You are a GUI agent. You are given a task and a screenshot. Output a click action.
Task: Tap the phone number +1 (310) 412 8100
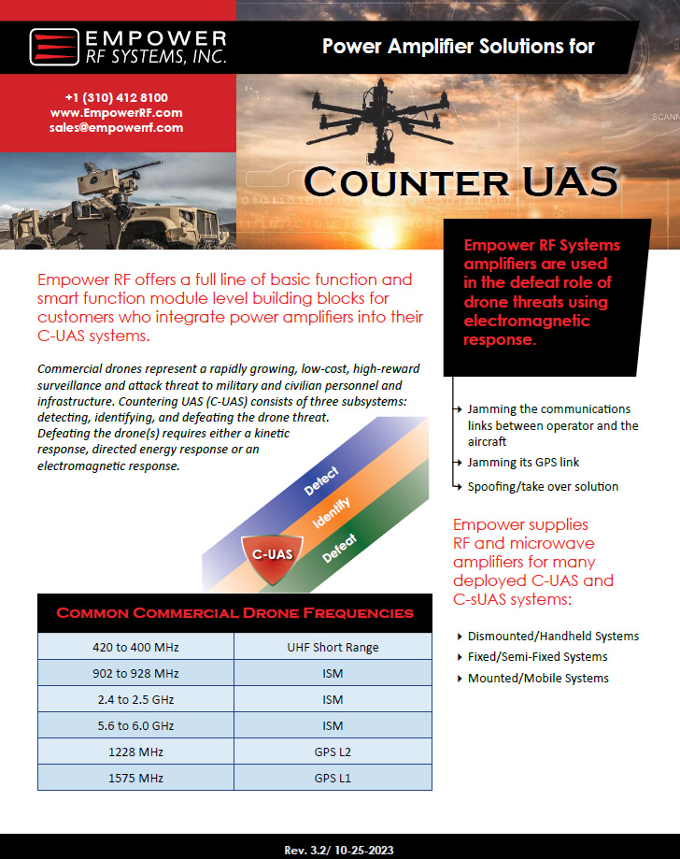pos(117,97)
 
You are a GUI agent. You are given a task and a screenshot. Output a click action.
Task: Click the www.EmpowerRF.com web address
pos(117,112)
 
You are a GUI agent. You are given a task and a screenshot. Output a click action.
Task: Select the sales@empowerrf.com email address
pos(117,127)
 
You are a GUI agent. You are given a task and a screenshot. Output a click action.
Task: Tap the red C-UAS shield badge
pos(273,554)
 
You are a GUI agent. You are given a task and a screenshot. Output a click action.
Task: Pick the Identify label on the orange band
pos(333,515)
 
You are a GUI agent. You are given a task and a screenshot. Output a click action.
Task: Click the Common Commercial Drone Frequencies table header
pos(235,613)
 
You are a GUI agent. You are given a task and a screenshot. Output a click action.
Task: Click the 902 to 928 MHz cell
pos(135,673)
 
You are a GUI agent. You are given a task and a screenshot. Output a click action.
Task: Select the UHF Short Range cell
pos(333,647)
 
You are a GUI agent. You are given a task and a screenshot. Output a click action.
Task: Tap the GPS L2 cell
pos(333,752)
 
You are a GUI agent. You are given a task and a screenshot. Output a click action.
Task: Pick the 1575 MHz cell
pos(135,778)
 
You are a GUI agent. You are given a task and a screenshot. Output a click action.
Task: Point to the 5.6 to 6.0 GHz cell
pos(135,725)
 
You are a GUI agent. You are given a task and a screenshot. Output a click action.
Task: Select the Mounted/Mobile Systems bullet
pos(538,678)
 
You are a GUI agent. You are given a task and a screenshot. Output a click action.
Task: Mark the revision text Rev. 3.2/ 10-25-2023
pos(340,850)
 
